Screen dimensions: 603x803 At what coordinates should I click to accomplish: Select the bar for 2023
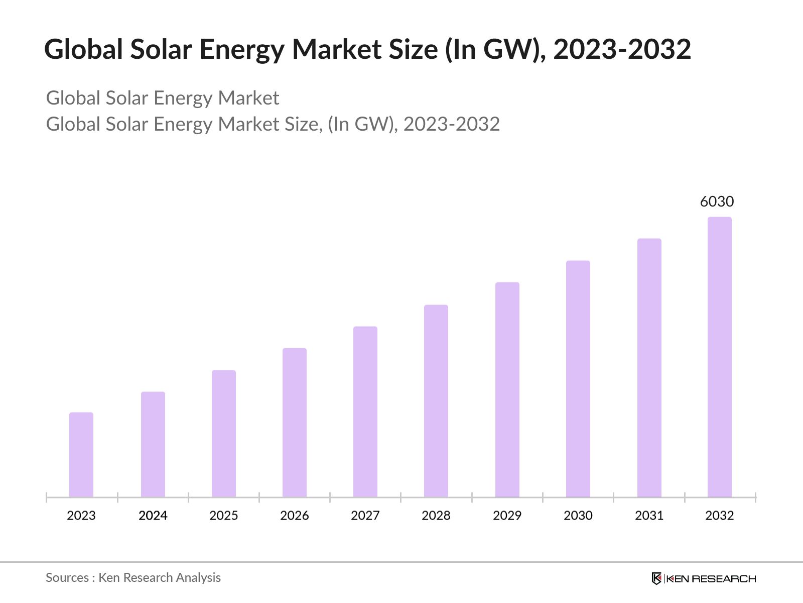point(81,455)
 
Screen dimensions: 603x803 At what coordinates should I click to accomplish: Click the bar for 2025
point(224,434)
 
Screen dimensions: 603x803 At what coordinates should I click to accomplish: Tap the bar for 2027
point(365,412)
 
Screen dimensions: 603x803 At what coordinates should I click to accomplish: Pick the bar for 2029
point(507,390)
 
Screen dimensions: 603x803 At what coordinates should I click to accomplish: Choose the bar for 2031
point(649,368)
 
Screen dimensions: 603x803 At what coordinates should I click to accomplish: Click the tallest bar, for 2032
point(720,357)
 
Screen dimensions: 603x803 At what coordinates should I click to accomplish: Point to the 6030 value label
point(717,202)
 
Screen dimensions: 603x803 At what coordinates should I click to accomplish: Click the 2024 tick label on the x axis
point(153,516)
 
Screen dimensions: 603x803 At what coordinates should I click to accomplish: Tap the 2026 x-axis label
point(295,516)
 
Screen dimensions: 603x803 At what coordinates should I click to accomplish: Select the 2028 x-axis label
point(436,516)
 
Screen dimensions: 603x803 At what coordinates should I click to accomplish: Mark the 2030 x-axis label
point(578,516)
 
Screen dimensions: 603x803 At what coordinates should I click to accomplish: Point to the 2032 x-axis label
point(720,516)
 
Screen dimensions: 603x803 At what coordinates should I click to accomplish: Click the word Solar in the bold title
point(162,49)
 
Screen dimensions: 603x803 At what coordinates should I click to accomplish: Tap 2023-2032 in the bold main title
point(622,49)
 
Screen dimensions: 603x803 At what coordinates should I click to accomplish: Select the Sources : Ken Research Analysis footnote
point(133,578)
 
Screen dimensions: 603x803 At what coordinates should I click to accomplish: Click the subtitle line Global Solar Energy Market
point(163,98)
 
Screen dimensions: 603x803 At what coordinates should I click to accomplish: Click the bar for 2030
point(578,379)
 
